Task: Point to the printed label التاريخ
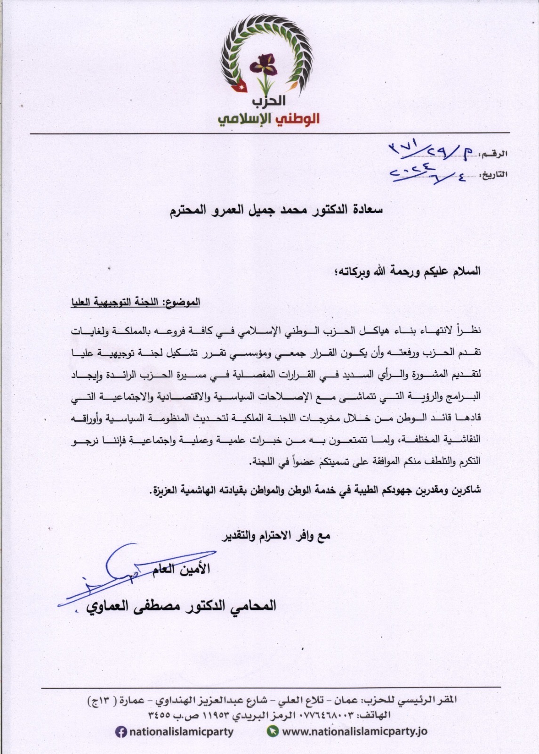[494, 174]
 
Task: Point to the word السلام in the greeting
[465, 271]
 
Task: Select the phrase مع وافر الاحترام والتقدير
[276, 536]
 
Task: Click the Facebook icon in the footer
[121, 732]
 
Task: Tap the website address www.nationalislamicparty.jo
[354, 732]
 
